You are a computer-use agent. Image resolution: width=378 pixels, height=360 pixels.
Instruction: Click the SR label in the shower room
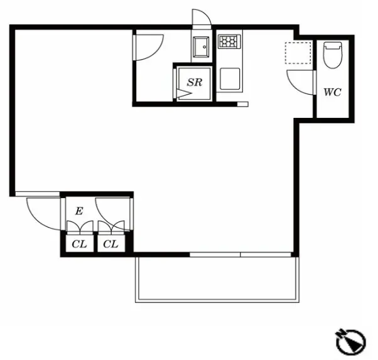tap(195, 82)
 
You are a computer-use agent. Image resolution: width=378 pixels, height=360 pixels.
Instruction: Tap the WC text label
tap(332, 92)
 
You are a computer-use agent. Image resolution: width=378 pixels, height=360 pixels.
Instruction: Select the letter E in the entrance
tap(79, 211)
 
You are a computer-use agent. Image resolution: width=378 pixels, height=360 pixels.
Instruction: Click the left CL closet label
tap(79, 244)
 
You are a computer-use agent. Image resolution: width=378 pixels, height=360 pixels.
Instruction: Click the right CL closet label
tap(111, 244)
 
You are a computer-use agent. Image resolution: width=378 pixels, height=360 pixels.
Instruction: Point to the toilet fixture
tap(333, 55)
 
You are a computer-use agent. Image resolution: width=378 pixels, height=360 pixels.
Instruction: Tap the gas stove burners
tap(230, 41)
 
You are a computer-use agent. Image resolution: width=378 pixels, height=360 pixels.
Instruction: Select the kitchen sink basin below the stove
tap(230, 79)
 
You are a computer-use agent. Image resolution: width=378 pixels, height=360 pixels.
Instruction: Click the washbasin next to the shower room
tap(201, 47)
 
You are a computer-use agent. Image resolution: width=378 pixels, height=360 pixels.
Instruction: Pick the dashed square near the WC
tap(298, 53)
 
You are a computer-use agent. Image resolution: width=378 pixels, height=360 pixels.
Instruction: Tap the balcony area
tap(217, 279)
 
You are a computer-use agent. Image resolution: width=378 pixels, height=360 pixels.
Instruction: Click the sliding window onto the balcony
tap(240, 255)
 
